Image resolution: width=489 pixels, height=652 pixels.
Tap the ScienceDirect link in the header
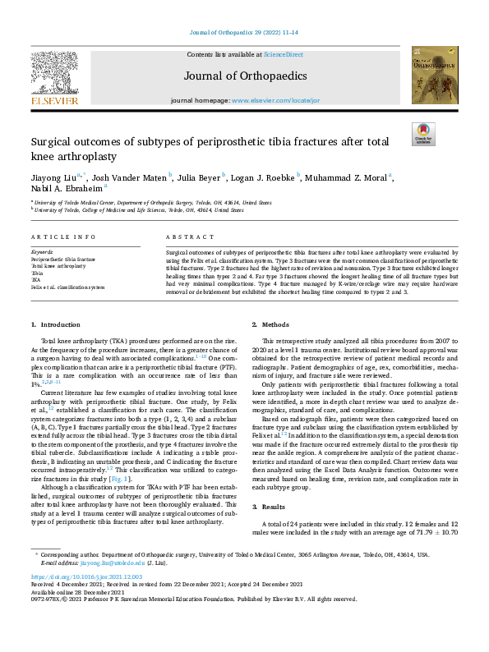pos(283,54)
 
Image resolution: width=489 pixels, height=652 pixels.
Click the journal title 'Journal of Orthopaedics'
pos(244,76)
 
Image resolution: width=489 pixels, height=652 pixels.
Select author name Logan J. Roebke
pos(267,177)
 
